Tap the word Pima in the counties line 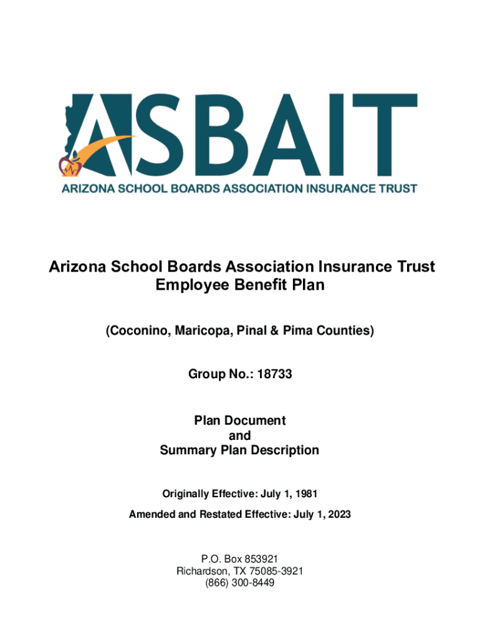tap(297, 331)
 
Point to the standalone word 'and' tap(239, 436)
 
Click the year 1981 tap(307, 494)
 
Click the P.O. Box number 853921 tap(256, 559)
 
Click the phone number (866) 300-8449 tap(239, 583)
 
